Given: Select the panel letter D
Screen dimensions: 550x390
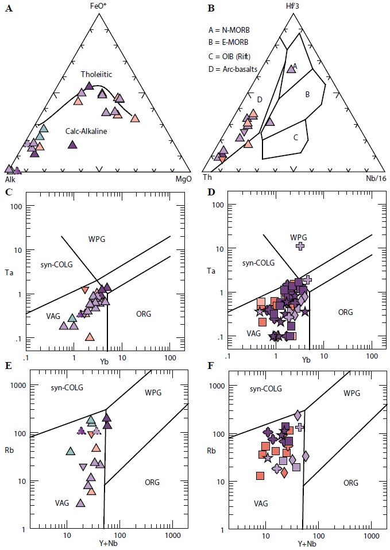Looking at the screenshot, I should point(210,191).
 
